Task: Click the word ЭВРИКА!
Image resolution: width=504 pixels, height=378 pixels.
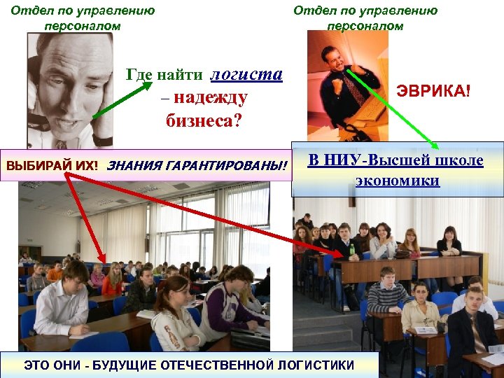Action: (x=434, y=91)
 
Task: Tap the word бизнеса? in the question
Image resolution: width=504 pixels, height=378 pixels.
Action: (x=204, y=121)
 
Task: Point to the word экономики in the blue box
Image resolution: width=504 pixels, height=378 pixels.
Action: (x=397, y=181)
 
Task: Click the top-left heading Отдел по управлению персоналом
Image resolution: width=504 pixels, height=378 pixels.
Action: (x=83, y=18)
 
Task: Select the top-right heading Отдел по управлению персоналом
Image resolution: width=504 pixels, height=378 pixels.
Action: (x=365, y=18)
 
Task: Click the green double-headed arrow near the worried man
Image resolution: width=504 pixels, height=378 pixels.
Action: (x=122, y=99)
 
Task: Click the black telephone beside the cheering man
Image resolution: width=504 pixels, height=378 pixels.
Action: (x=318, y=130)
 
